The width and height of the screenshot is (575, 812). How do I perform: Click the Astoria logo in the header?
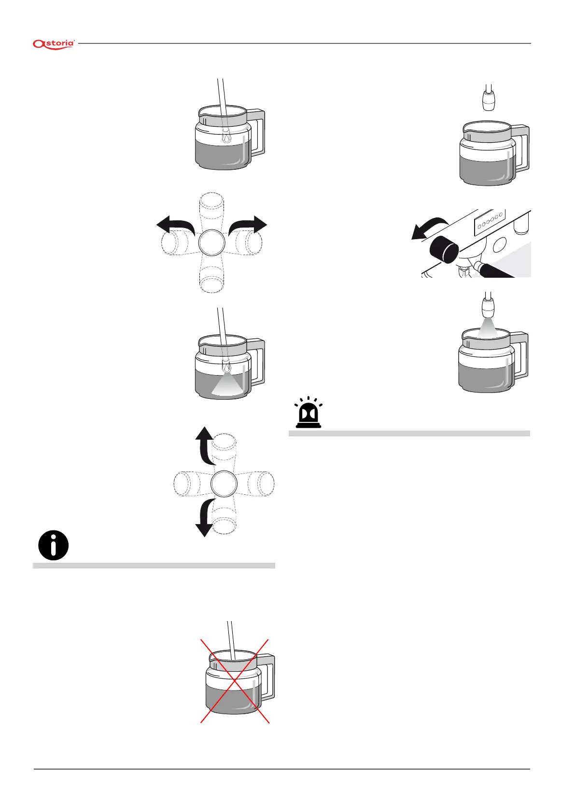(x=54, y=44)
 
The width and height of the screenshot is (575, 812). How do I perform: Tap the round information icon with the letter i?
(x=53, y=545)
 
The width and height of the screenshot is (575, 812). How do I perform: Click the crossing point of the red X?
(x=235, y=681)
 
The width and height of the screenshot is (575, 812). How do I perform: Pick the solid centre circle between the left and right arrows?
(x=211, y=242)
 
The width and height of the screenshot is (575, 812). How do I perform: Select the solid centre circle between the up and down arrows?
(x=224, y=484)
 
